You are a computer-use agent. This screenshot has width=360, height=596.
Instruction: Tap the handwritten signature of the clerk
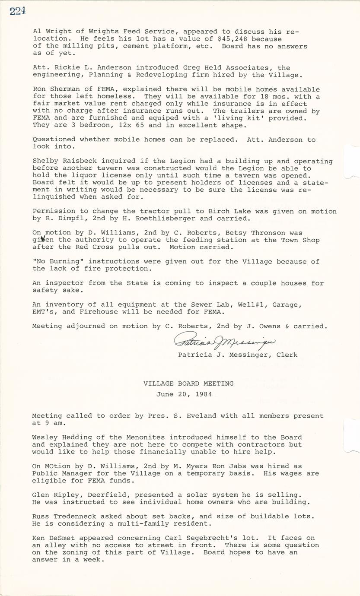[224, 341]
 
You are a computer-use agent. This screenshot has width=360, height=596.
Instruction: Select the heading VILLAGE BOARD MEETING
[188, 383]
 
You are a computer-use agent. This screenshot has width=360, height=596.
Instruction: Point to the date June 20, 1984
[184, 394]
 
